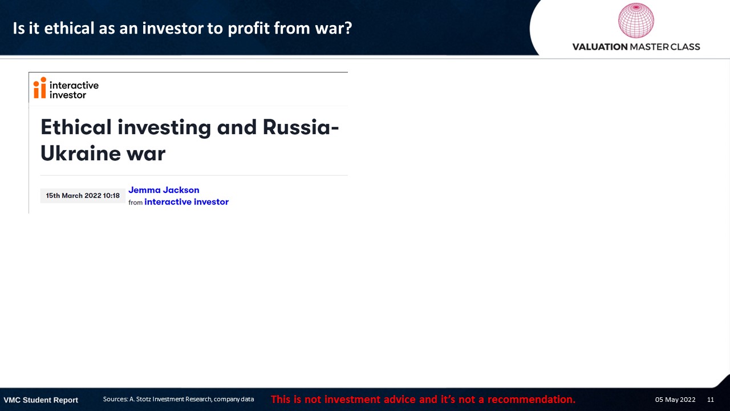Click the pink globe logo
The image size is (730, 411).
tap(636, 20)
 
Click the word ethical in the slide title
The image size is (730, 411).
tap(69, 28)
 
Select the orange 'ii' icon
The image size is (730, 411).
tap(40, 87)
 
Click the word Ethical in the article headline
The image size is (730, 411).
tap(76, 127)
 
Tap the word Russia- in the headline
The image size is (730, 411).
tap(301, 127)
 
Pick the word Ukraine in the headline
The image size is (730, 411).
tap(81, 153)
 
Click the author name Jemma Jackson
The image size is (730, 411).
tap(164, 190)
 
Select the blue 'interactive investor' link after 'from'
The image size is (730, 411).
tap(186, 202)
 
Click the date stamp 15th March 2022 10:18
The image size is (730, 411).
tap(83, 196)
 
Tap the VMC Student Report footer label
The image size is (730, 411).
tap(40, 400)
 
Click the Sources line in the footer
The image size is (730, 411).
tap(179, 399)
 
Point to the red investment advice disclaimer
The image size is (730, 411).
tap(423, 399)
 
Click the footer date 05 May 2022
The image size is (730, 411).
tap(675, 400)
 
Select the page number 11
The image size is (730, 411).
tap(711, 400)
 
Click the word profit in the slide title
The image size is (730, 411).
tap(249, 29)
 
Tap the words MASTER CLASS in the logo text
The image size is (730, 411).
tap(665, 47)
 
